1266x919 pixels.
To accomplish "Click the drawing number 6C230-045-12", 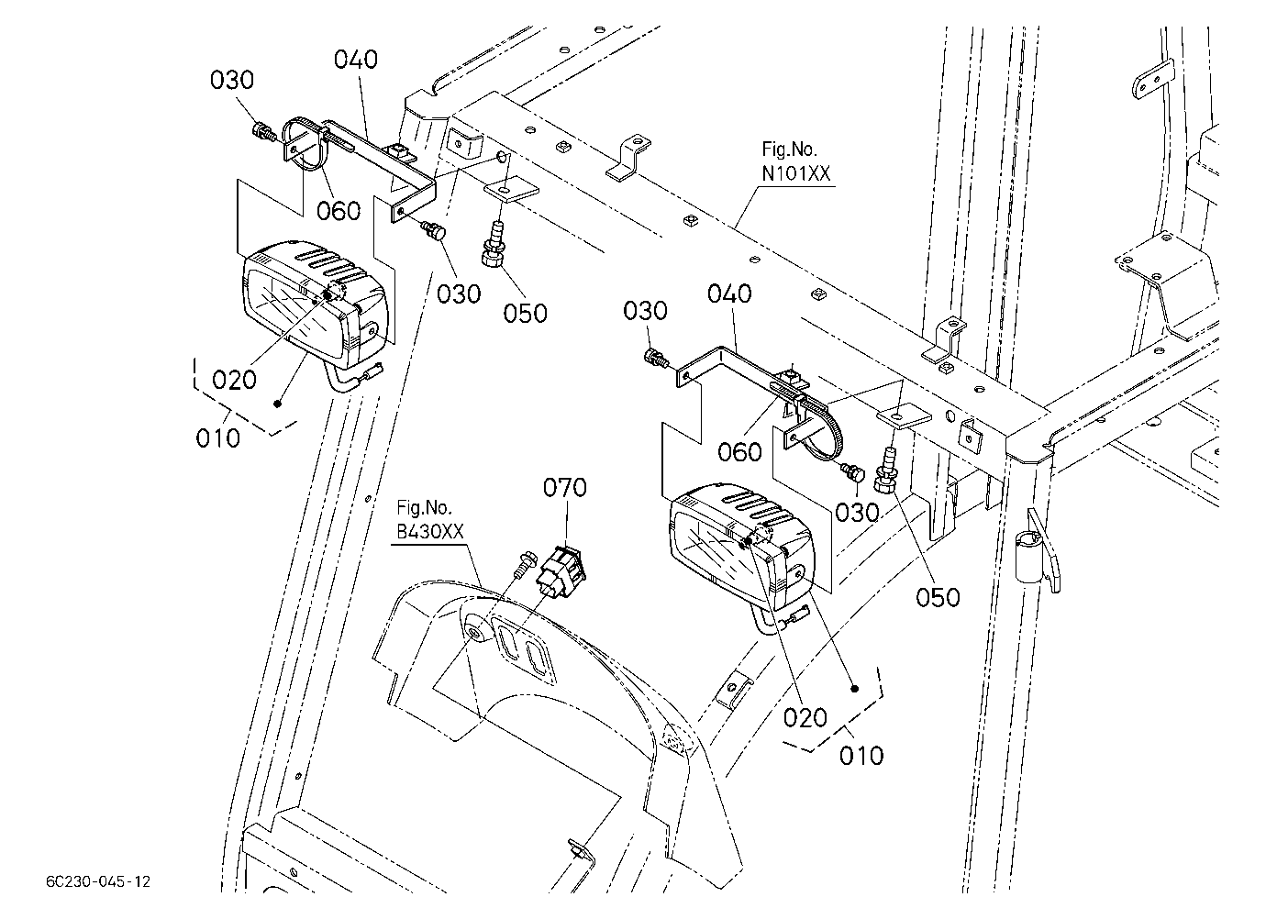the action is (98, 881).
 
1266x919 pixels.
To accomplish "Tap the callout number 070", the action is (565, 487).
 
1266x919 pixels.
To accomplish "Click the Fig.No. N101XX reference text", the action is (796, 161).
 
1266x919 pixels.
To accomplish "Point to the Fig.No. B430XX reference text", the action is (429, 519).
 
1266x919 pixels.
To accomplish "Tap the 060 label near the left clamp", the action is (338, 211).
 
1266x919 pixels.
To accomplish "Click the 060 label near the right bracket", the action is (739, 451).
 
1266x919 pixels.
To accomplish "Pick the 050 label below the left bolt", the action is (525, 313).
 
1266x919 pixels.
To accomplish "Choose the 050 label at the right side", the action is (938, 597).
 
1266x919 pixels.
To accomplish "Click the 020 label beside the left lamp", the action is (235, 379).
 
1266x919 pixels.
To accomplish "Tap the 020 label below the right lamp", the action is (805, 718).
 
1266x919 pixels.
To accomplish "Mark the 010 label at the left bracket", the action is (218, 438).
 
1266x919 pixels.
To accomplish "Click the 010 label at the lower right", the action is (861, 756).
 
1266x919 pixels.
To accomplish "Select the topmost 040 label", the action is (356, 60).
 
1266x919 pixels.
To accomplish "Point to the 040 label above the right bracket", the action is (729, 293).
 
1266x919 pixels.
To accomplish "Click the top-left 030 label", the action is (232, 80).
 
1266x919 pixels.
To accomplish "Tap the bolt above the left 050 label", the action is (493, 245).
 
